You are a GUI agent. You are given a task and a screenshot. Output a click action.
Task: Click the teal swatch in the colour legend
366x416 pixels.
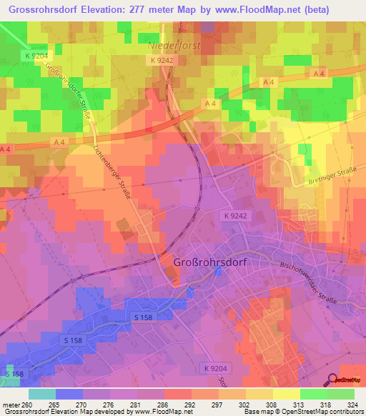pos(41,394)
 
